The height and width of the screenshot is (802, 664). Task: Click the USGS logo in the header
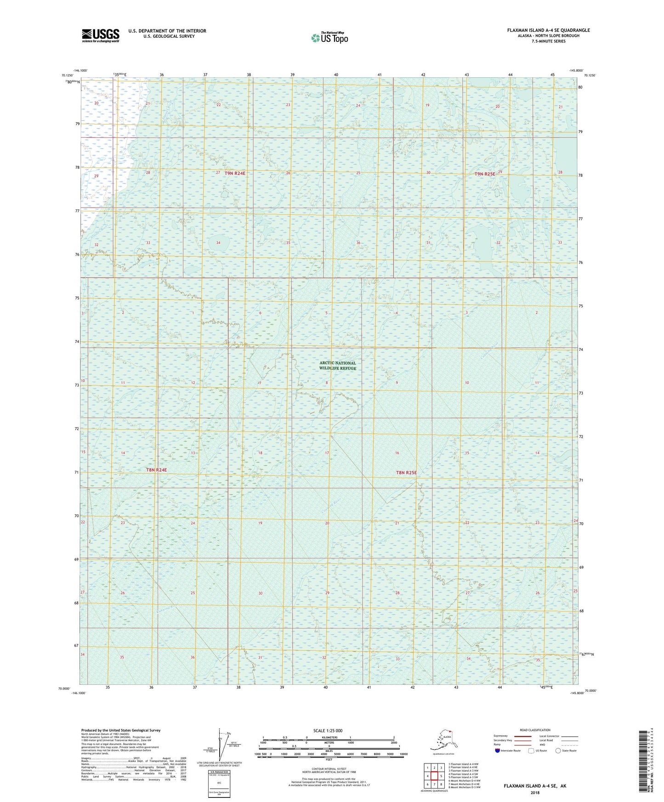tap(101, 35)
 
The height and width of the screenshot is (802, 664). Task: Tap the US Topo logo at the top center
tap(329, 37)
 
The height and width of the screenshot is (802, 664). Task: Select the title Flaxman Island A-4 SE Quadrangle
tap(548, 30)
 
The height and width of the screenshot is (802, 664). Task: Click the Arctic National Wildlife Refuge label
tap(338, 366)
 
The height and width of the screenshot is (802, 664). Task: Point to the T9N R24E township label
tap(235, 173)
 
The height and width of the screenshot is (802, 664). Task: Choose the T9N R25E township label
tap(485, 174)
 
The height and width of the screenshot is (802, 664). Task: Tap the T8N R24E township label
tap(156, 470)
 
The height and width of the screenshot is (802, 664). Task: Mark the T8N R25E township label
tap(406, 472)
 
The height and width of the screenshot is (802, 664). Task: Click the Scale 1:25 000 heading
tap(328, 730)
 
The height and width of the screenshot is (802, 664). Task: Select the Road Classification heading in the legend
tap(535, 730)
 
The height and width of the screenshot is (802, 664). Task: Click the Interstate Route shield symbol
tap(498, 751)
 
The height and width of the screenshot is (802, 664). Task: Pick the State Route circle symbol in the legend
tap(558, 751)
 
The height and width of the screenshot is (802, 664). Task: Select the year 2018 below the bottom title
tap(534, 792)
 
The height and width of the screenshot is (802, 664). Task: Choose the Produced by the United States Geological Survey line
tap(121, 730)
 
